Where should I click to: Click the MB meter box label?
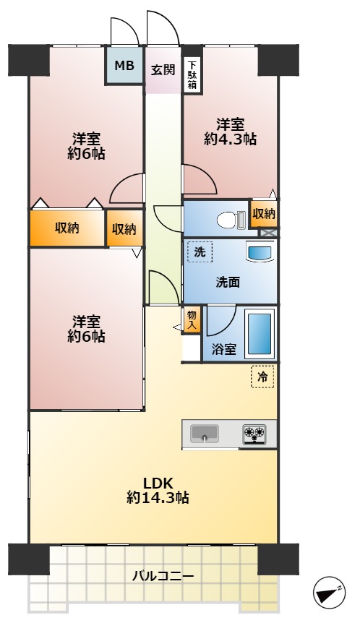[124, 66]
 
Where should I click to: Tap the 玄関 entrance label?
[163, 69]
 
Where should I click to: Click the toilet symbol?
[231, 219]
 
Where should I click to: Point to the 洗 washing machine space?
[200, 252]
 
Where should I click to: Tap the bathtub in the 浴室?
[261, 333]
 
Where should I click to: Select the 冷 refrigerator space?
[262, 377]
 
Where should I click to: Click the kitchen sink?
[205, 434]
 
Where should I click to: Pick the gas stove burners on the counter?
[254, 434]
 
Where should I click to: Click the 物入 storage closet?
[192, 319]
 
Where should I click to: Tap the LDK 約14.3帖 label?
[158, 490]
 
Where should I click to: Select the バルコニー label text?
[163, 576]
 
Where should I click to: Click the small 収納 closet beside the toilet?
[263, 215]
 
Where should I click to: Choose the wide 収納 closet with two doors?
[67, 228]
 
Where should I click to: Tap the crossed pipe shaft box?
[265, 233]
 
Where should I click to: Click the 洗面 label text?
[228, 283]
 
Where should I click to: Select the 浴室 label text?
[224, 349]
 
